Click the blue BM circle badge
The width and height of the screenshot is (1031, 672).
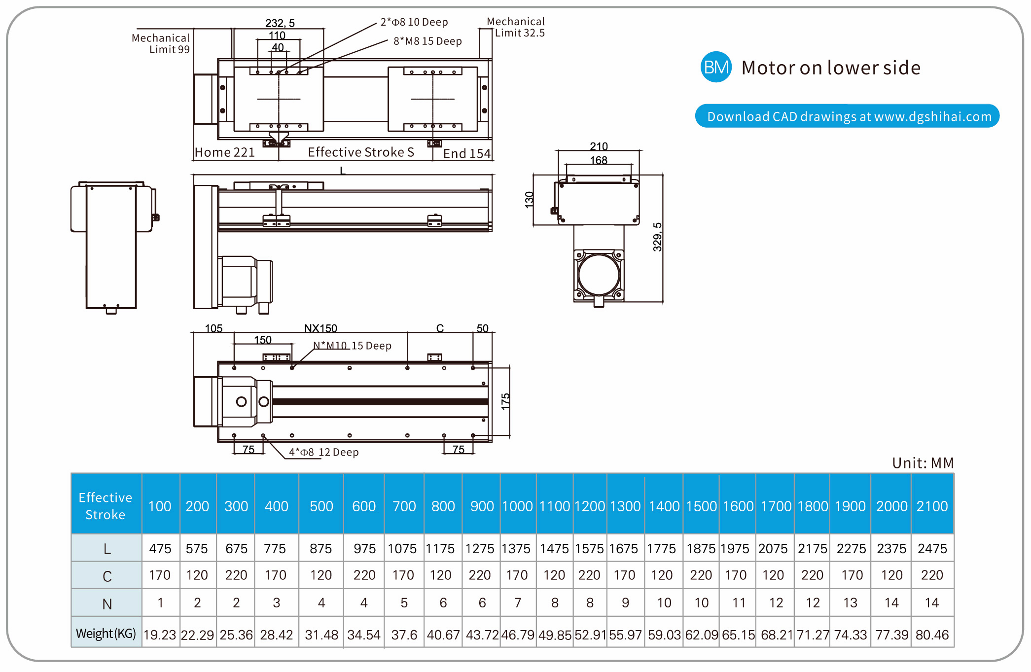click(715, 67)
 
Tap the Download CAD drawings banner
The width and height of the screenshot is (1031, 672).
click(847, 116)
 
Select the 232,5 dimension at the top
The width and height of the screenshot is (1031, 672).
click(280, 23)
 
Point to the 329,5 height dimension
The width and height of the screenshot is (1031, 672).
click(657, 237)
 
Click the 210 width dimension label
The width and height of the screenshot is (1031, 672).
click(599, 146)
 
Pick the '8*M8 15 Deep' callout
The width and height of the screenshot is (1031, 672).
click(427, 41)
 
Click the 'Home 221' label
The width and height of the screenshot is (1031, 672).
click(225, 152)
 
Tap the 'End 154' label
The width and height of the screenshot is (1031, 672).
click(466, 154)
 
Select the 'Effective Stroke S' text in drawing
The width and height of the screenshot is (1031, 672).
click(361, 152)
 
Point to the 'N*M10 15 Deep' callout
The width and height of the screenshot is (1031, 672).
click(352, 346)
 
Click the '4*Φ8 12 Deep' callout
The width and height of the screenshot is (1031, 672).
click(323, 452)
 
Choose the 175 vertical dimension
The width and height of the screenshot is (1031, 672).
click(505, 401)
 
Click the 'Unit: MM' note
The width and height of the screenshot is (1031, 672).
click(923, 463)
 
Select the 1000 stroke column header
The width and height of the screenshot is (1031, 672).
click(517, 506)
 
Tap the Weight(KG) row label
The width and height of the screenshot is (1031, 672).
click(106, 634)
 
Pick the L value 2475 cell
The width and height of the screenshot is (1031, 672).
click(932, 549)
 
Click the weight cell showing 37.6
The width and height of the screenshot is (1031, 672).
click(404, 635)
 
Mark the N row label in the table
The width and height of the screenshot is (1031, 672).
click(107, 604)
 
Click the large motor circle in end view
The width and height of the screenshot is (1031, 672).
click(599, 275)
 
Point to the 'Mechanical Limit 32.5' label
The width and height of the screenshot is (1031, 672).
click(516, 27)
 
